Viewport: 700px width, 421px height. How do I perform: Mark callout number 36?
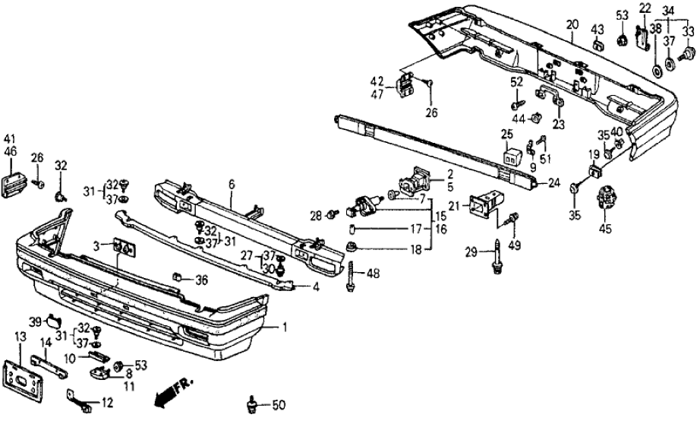201,280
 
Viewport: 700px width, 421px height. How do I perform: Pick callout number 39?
35,321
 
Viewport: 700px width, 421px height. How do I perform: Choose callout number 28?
315,214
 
